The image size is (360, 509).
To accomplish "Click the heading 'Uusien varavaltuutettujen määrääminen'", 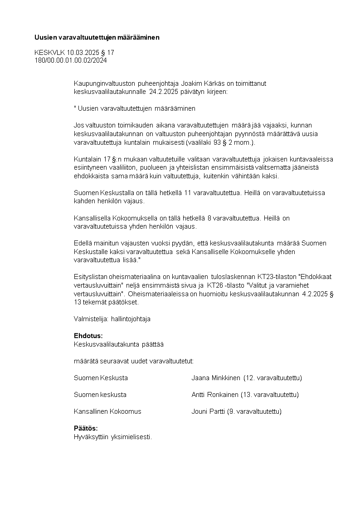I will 97,37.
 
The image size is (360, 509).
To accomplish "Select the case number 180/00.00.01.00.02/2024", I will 71,60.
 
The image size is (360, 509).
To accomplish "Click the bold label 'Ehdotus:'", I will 88,336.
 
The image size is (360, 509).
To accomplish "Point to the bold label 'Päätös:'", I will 86,428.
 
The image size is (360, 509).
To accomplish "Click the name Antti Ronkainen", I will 215,395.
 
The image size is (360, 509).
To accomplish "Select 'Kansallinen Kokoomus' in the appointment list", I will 107,411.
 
